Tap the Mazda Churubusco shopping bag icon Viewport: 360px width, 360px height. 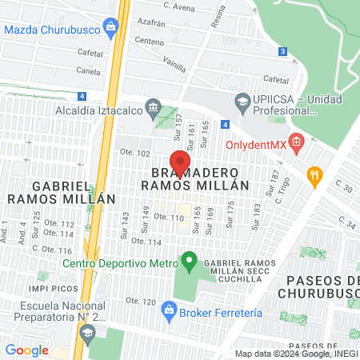coord(109,27)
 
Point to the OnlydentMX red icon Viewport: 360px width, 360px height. coord(296,144)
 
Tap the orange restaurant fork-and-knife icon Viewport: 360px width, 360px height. coord(315,174)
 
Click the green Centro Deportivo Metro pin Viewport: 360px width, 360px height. coord(189,260)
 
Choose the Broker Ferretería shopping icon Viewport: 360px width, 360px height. coord(169,309)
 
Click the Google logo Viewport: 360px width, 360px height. coord(26,350)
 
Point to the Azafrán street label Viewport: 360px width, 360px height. coord(150,26)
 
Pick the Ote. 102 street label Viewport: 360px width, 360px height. coord(135,153)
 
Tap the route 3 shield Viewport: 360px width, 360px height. coord(282,51)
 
